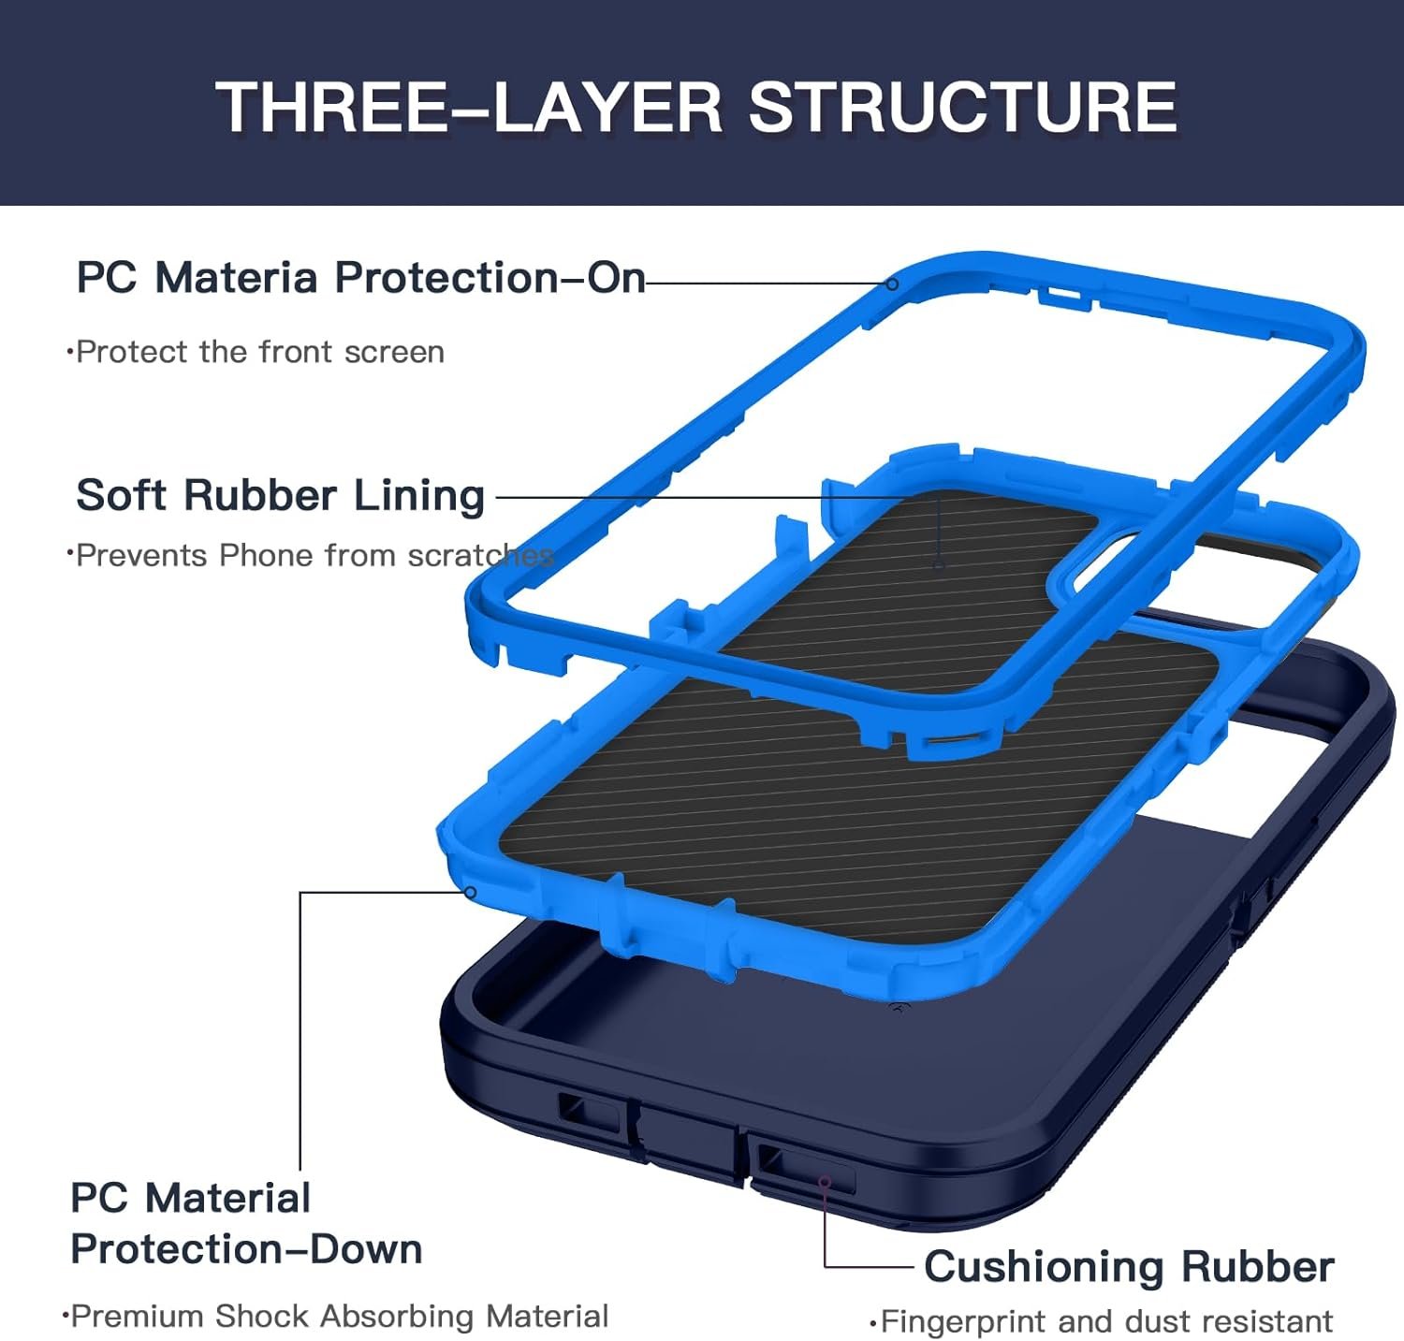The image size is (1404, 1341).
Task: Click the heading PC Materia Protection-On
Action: [x=360, y=278]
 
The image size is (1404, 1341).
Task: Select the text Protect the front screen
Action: [x=259, y=352]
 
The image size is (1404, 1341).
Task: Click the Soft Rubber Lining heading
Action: [x=280, y=495]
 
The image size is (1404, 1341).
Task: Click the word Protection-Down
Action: [x=246, y=1249]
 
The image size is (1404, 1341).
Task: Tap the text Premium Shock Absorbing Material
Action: [x=339, y=1316]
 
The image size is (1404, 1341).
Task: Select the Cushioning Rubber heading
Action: [x=1128, y=1267]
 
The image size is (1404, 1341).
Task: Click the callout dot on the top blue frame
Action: [x=892, y=284]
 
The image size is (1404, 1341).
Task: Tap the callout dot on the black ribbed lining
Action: [x=939, y=565]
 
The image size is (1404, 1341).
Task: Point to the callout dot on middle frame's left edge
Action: [x=471, y=893]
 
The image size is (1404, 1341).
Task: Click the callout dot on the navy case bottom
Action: [x=824, y=1183]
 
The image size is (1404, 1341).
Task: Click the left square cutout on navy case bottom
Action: [x=587, y=1112]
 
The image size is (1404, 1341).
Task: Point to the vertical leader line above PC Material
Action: [x=300, y=1029]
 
